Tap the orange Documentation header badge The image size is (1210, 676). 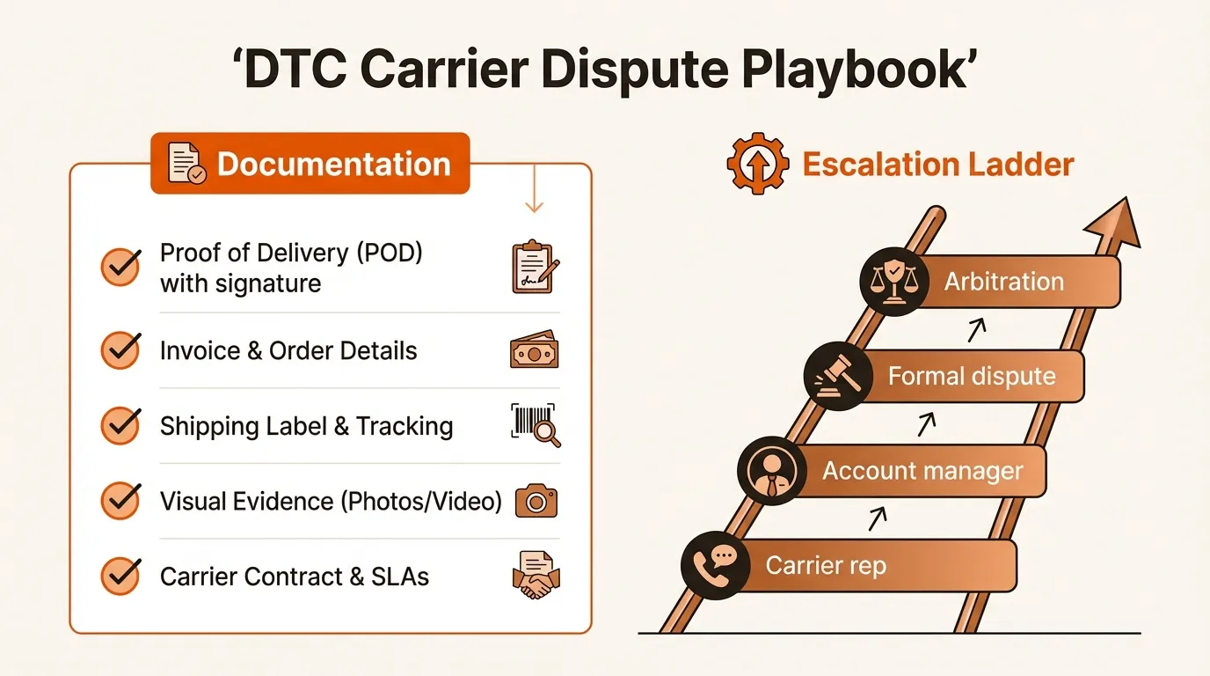(x=310, y=164)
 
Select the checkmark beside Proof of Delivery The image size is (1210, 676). (x=120, y=268)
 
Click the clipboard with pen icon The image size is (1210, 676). (x=535, y=267)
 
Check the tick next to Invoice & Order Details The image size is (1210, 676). (x=120, y=350)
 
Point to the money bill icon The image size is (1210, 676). (x=535, y=351)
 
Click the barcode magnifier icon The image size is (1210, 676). (x=535, y=425)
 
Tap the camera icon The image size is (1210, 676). (x=535, y=502)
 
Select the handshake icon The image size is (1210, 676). (x=535, y=576)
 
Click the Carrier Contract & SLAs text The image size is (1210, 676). (x=294, y=577)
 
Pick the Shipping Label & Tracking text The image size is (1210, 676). (x=306, y=426)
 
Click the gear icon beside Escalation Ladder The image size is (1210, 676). (x=756, y=165)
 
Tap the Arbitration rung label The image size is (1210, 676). (x=1003, y=282)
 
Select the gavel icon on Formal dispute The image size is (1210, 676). (x=837, y=377)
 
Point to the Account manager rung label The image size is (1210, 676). (x=922, y=470)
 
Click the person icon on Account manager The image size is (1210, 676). (x=771, y=471)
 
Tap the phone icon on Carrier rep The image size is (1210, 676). (x=715, y=565)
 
